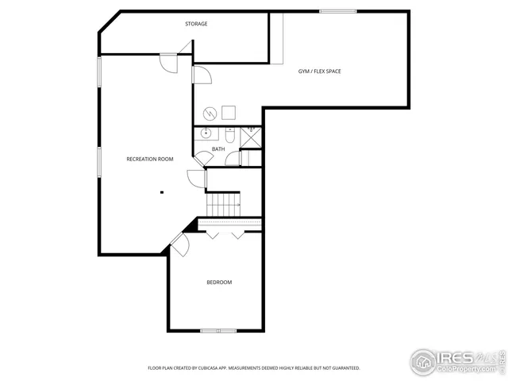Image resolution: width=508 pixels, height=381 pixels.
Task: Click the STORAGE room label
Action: pos(196,24)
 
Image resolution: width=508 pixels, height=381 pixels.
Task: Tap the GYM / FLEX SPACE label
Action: pos(320,71)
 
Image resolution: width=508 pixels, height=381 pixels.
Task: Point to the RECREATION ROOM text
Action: pos(150,159)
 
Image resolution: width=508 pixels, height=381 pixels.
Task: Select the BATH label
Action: pos(217,148)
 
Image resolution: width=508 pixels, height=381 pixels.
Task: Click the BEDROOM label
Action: pos(219,283)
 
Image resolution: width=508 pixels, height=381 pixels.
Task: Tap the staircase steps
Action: pos(223,204)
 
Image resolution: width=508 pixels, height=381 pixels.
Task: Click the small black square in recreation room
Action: pos(161,191)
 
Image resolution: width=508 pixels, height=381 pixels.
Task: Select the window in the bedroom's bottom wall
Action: pos(217,330)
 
